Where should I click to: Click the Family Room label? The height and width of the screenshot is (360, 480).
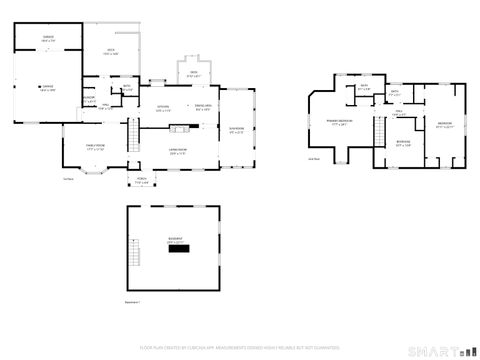pos(94,148)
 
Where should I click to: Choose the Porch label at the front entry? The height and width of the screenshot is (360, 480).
pos(141,181)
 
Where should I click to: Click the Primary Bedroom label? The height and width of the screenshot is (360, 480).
pos(340,123)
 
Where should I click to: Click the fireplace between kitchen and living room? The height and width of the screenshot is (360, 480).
pos(180,127)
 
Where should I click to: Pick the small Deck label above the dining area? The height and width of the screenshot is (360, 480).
pos(194,74)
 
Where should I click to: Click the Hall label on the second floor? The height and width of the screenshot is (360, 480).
pos(399,112)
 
